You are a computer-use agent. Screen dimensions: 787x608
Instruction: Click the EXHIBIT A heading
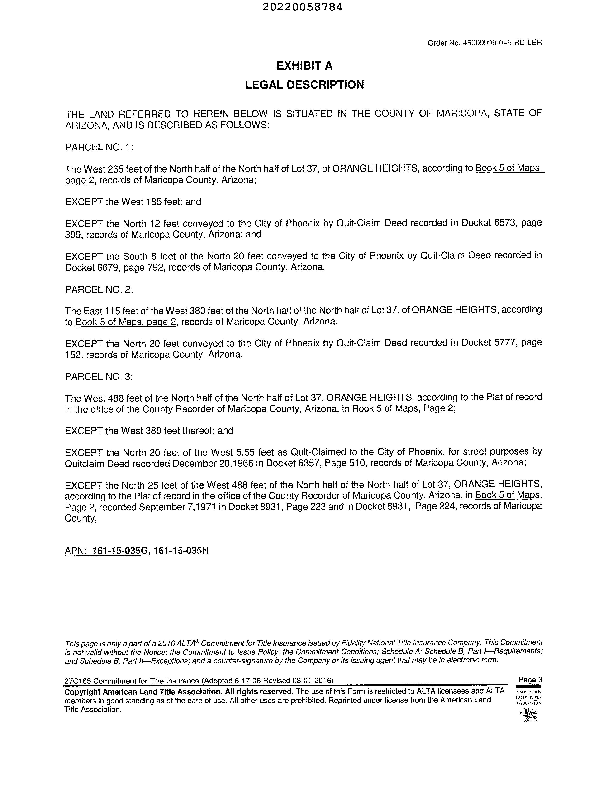pyautogui.click(x=304, y=66)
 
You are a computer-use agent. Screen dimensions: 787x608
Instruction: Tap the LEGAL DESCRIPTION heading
pyautogui.click(x=304, y=85)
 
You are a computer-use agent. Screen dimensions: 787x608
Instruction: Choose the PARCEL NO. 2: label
pyautogui.click(x=99, y=289)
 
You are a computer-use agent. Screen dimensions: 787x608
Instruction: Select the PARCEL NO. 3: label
pyautogui.click(x=99, y=377)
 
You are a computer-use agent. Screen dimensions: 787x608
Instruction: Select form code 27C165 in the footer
pyautogui.click(x=77, y=681)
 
